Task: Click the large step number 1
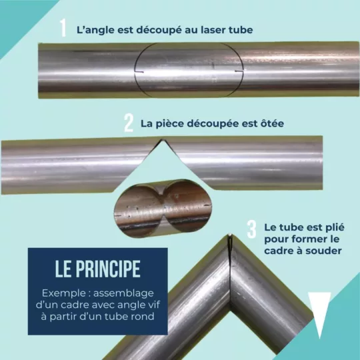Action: (63, 28)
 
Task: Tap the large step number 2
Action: (129, 123)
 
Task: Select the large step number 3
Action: (251, 229)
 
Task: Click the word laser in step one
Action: (213, 30)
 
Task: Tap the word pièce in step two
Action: (169, 124)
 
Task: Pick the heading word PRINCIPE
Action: (108, 269)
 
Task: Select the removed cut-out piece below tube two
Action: (163, 208)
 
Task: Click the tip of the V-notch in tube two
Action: (162, 140)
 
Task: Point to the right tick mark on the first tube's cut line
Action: (239, 71)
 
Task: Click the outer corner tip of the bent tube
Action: (230, 235)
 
